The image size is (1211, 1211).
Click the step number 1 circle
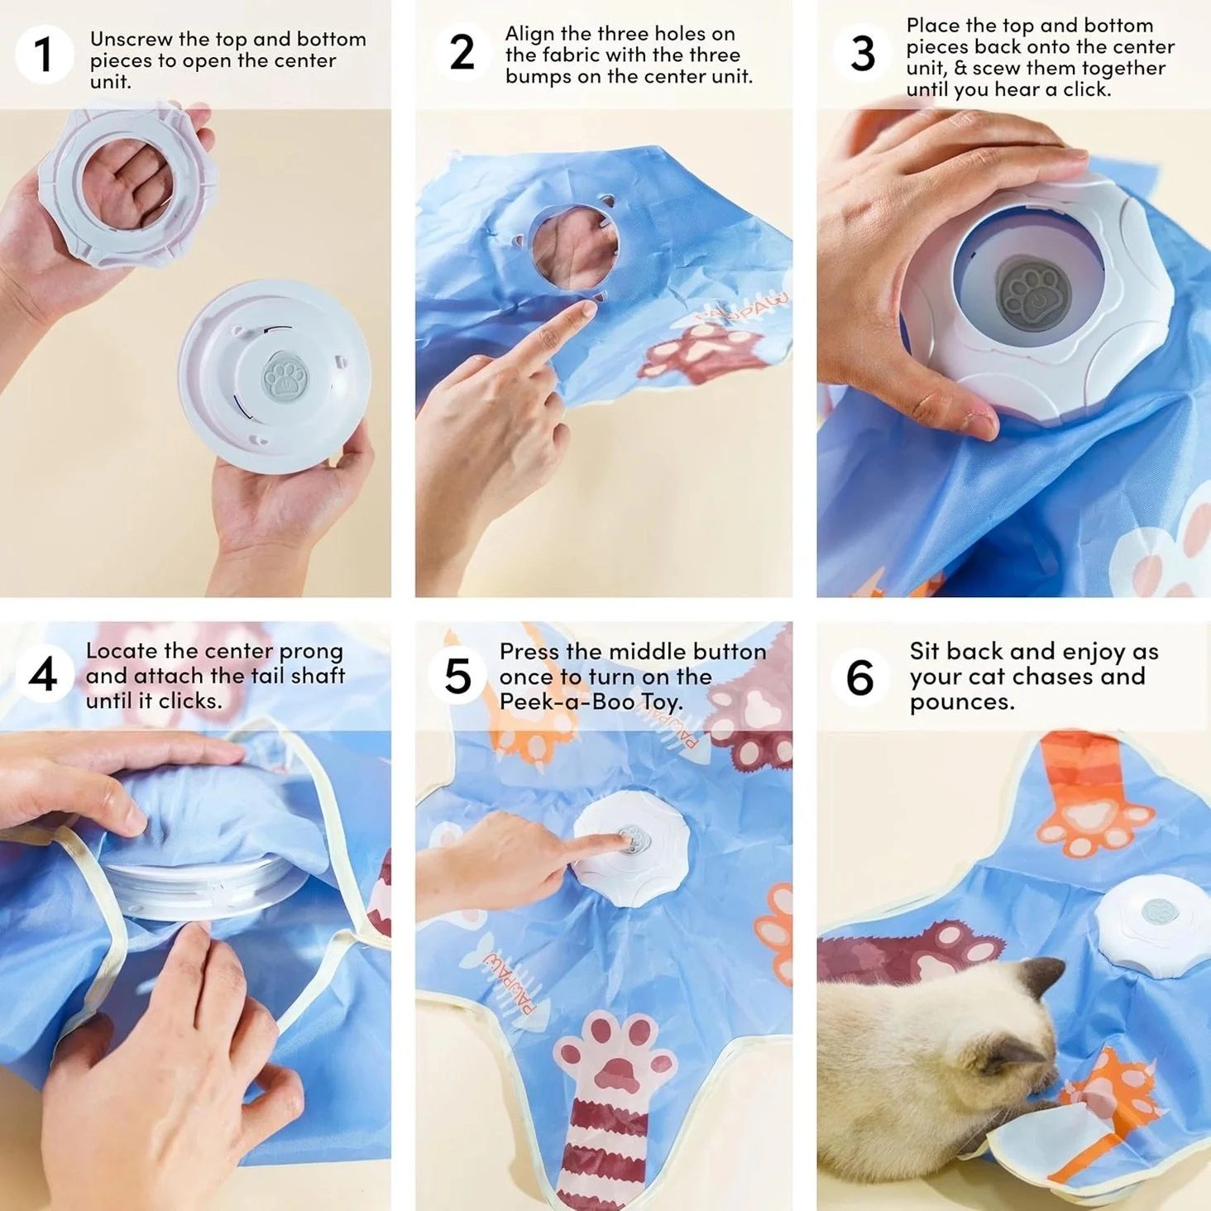pos(43,54)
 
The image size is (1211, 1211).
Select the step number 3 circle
pos(862,53)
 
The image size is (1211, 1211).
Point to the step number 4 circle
pos(43,676)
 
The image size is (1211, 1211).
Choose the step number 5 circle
pos(457,676)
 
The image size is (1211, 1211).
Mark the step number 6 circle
pos(859,677)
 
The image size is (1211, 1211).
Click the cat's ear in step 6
pos(1044,978)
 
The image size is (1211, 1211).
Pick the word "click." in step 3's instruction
pos(1087,90)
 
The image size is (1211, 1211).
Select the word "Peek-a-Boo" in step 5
pos(567,701)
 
